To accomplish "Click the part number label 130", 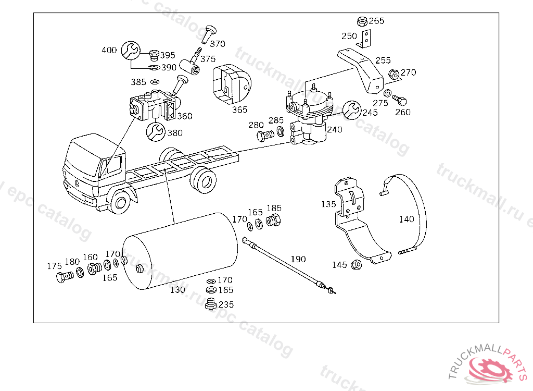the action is [x=178, y=289].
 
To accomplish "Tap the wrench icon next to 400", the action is [x=131, y=51].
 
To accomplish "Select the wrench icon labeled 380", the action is [x=156, y=131].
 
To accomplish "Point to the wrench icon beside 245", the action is [x=351, y=110].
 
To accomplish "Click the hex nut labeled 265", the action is [x=362, y=21].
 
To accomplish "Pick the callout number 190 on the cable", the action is [x=298, y=259].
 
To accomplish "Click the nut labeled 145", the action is [x=356, y=265].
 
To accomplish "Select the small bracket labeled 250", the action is [x=365, y=39].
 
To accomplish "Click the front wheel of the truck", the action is [x=120, y=202].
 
